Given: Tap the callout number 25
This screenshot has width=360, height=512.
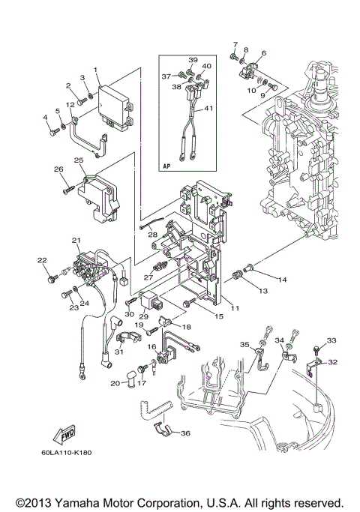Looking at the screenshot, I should [x=79, y=160].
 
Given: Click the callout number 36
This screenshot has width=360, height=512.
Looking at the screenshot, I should [x=186, y=433].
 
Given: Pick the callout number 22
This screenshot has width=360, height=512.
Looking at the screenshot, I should [x=41, y=260].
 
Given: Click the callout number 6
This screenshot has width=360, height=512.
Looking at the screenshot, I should [x=263, y=54].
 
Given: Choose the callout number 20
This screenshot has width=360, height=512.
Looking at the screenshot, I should [x=115, y=383].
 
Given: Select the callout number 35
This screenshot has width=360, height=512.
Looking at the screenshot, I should [x=244, y=344].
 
